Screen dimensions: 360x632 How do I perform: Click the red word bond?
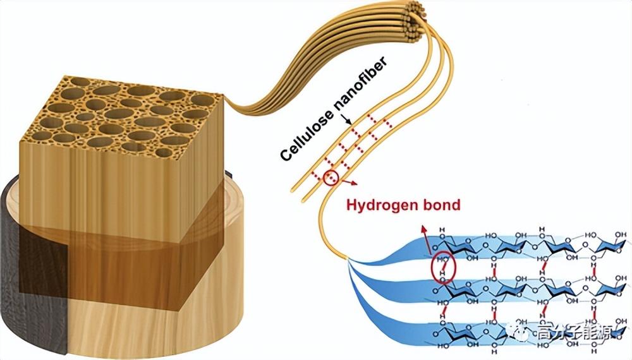442,205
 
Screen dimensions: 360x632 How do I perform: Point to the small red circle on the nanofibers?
331,178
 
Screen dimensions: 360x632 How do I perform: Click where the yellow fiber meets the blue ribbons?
349,258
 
